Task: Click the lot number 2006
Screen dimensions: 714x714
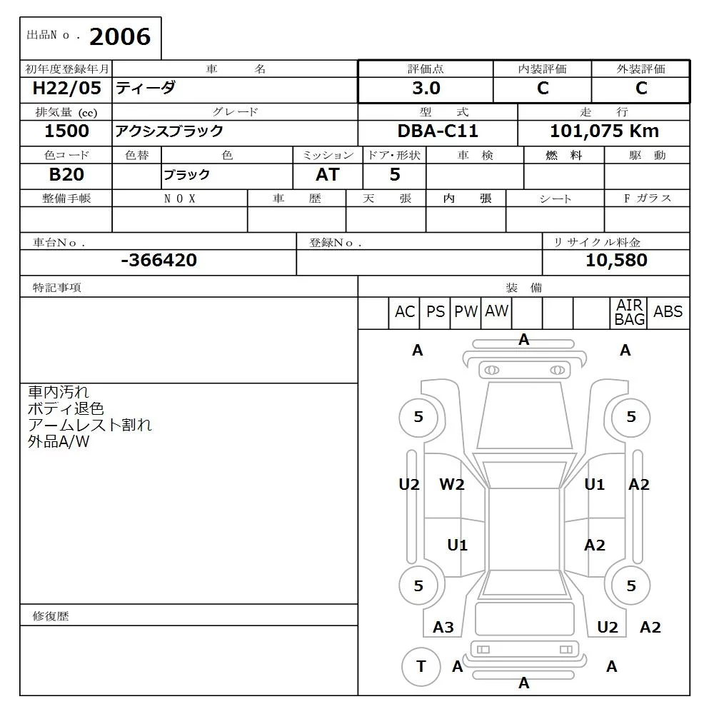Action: [x=120, y=37]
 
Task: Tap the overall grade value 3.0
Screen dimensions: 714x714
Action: [x=426, y=89]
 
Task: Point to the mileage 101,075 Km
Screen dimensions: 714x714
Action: [x=604, y=131]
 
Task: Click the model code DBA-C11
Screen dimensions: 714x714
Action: [x=438, y=131]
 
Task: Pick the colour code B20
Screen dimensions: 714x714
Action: [x=66, y=175]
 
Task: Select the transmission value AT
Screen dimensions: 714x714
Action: [x=328, y=175]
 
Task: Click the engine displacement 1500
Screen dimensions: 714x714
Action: [x=66, y=131]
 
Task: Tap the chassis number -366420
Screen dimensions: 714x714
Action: [x=159, y=261]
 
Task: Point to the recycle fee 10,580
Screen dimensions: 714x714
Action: [x=616, y=261]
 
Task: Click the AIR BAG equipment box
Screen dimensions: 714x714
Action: [x=630, y=313]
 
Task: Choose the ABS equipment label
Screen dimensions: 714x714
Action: [x=668, y=312]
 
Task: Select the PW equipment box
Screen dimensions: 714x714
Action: [x=466, y=312]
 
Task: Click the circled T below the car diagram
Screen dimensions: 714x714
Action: [x=421, y=667]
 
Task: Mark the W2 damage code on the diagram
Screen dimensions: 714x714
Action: [x=452, y=485]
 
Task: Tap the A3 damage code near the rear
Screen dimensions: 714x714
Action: [x=443, y=628]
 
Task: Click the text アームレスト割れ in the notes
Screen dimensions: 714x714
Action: [x=89, y=426]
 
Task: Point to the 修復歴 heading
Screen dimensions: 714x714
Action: [x=51, y=616]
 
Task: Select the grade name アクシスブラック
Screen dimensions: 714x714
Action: [x=169, y=131]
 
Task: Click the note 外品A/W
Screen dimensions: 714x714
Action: [x=59, y=442]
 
